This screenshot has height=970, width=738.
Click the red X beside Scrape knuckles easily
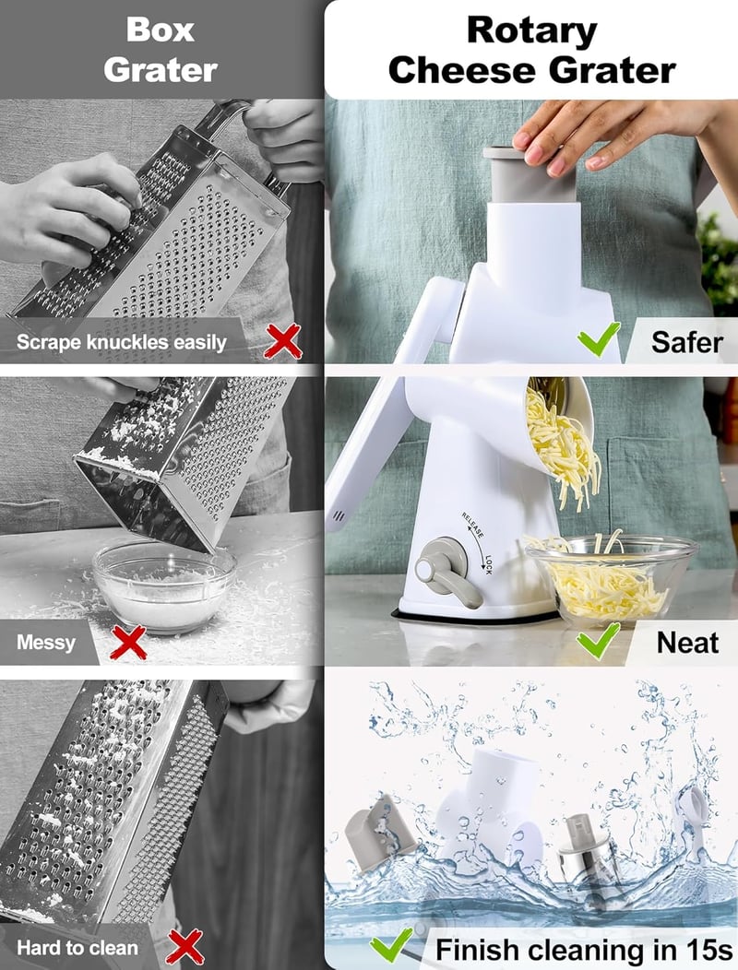coord(283,341)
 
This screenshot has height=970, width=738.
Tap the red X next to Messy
coord(128,642)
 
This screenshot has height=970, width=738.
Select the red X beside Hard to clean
coord(185,947)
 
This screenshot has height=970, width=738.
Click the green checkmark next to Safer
coord(599,339)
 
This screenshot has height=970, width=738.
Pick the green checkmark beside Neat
coord(599,640)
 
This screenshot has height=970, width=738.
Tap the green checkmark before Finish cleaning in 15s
coord(392,944)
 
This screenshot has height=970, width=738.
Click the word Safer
coord(686,342)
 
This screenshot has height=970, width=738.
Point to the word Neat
coord(687,643)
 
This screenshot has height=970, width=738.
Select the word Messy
coord(46,643)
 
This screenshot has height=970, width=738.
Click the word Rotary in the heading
coord(532,31)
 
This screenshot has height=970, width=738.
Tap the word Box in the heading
coord(160,30)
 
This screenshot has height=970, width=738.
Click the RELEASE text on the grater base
coord(472,525)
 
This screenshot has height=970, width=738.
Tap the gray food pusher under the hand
coord(530,175)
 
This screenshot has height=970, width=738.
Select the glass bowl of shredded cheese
coord(611,580)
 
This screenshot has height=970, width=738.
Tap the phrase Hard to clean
coord(77,948)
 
